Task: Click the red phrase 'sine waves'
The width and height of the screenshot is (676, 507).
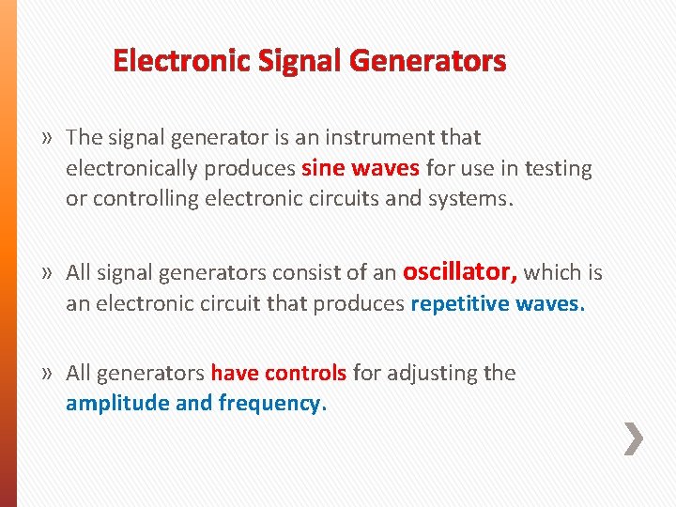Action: (x=361, y=169)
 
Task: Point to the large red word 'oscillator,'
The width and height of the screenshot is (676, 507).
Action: (x=460, y=272)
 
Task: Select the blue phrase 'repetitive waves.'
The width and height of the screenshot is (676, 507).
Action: (x=498, y=304)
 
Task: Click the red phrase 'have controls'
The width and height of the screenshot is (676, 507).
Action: (x=279, y=373)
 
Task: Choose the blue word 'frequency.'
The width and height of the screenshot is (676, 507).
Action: (x=272, y=404)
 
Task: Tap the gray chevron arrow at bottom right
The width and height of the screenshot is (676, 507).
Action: (x=635, y=438)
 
